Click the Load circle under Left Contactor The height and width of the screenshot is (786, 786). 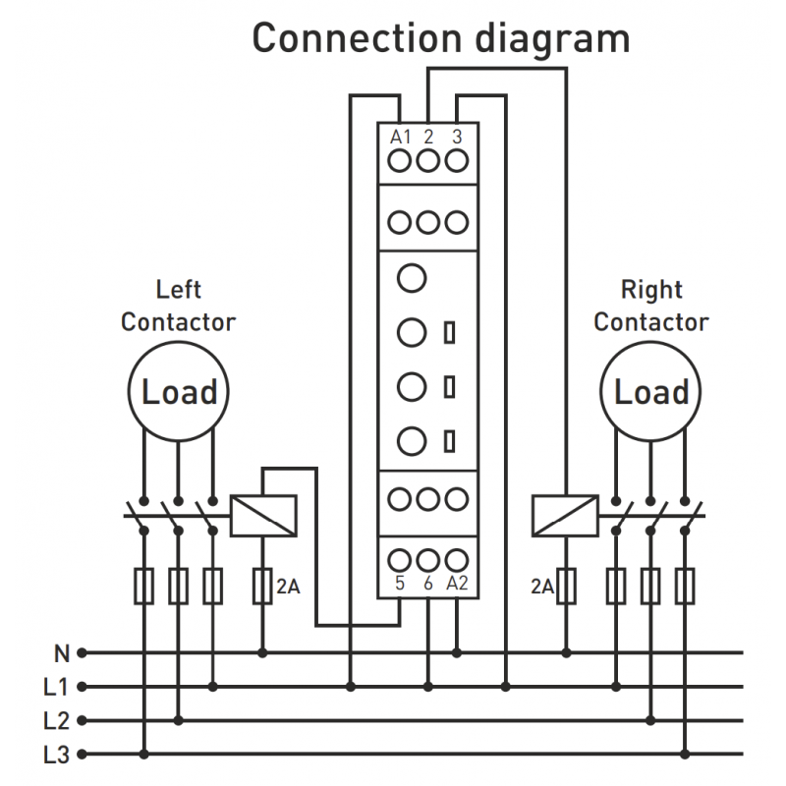pyautogui.click(x=179, y=392)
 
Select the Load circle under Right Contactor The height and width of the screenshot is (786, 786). pyautogui.click(x=651, y=392)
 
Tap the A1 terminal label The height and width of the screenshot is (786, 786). pyautogui.click(x=400, y=137)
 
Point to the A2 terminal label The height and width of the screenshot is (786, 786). pyautogui.click(x=457, y=583)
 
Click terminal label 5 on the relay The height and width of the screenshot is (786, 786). pyautogui.click(x=400, y=583)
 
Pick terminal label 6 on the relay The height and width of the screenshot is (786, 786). pyautogui.click(x=427, y=583)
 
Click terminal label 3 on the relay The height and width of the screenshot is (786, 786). pyautogui.click(x=456, y=137)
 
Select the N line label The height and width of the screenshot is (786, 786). pyautogui.click(x=62, y=651)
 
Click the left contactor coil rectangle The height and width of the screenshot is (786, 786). pyautogui.click(x=262, y=515)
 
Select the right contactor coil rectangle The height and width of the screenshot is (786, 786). pyautogui.click(x=564, y=515)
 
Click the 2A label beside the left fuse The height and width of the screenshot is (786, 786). pyautogui.click(x=288, y=588)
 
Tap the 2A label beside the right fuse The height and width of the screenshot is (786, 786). pyautogui.click(x=542, y=588)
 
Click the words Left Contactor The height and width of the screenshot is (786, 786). pyautogui.click(x=178, y=306)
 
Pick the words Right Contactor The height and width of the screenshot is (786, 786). pyautogui.click(x=651, y=306)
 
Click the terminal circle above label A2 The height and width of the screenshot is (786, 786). pyautogui.click(x=456, y=560)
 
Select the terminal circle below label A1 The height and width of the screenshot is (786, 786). pyautogui.click(x=400, y=160)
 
